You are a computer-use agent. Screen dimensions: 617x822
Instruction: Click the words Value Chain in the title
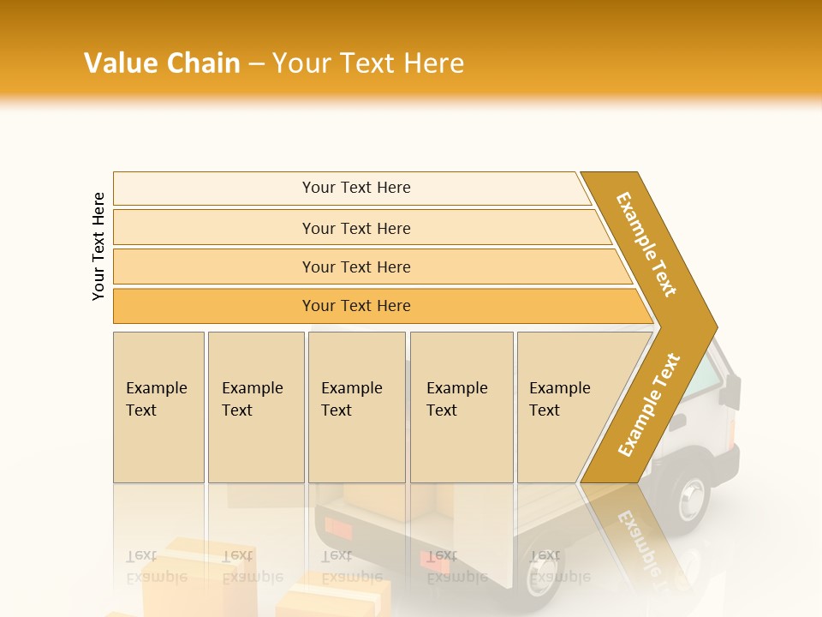(x=162, y=63)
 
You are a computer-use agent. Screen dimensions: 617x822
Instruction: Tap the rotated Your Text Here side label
(x=98, y=246)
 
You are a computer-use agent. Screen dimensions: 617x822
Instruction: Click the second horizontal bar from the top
(x=356, y=228)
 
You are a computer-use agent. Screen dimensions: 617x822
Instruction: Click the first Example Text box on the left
(x=158, y=407)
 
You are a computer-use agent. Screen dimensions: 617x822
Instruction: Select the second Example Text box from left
(x=256, y=407)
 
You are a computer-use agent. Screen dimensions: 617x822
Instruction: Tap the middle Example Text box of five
(x=356, y=407)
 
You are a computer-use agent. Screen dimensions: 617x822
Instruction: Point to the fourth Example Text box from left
(x=462, y=407)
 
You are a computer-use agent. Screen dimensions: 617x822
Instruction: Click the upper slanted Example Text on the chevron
(x=647, y=244)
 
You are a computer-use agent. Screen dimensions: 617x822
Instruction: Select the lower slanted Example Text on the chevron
(x=649, y=405)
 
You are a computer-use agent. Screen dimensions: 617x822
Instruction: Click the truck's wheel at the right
(x=688, y=497)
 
